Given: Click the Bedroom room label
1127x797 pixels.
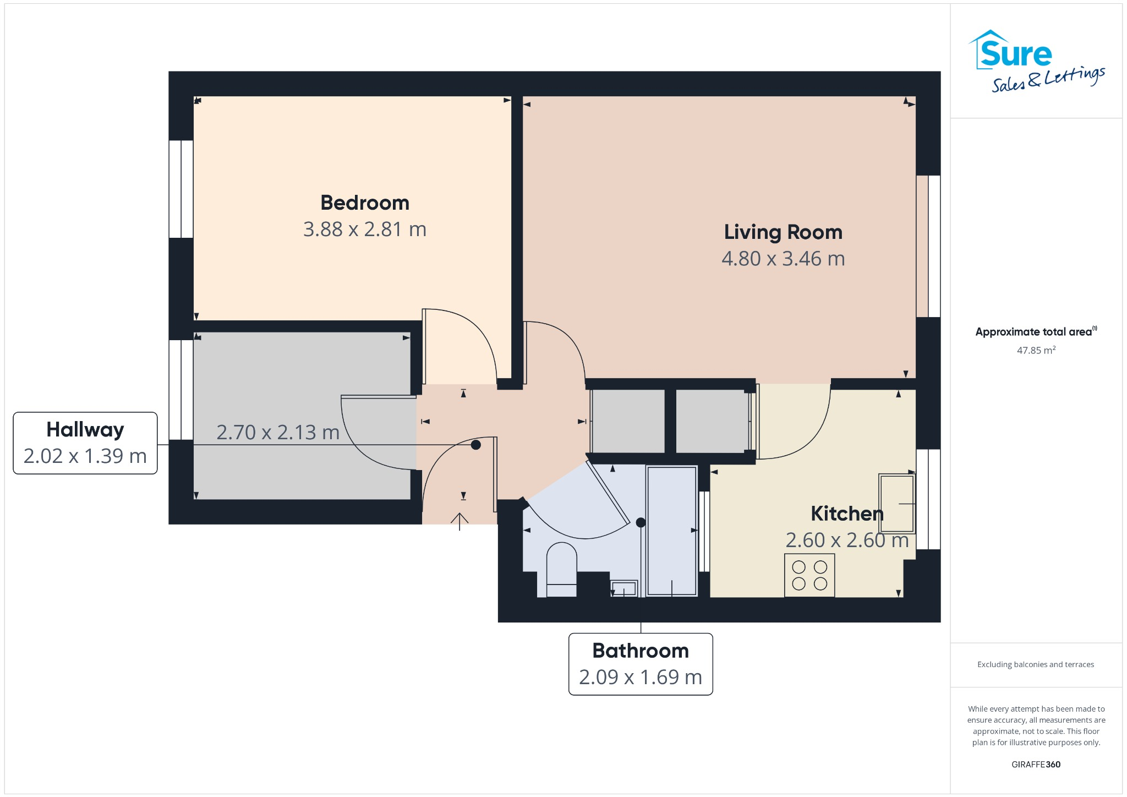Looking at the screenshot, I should (365, 203).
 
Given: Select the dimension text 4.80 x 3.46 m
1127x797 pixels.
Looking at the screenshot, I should (783, 259).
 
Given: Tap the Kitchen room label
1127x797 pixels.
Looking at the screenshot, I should (846, 514).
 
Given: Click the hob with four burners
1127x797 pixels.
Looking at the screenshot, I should (809, 575).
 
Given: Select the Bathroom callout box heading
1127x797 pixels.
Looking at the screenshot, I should (640, 651).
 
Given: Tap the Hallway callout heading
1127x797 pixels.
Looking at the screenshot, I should (85, 430).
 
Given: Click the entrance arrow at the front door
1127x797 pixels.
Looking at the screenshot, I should (459, 521).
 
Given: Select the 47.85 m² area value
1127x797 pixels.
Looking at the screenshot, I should (1036, 351).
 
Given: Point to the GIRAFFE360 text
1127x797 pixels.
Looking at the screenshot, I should (1036, 765).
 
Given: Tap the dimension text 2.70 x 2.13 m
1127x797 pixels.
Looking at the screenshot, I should (278, 433).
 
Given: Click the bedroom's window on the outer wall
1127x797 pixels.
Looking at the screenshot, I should (180, 189).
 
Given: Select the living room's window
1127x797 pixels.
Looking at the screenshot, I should (928, 246).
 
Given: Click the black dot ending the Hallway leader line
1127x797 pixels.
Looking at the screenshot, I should (476, 445).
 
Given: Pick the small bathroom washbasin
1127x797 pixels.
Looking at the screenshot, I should (624, 588).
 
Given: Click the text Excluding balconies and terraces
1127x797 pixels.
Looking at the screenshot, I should (1035, 664).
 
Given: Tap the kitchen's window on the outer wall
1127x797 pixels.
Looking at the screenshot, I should (928, 499).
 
